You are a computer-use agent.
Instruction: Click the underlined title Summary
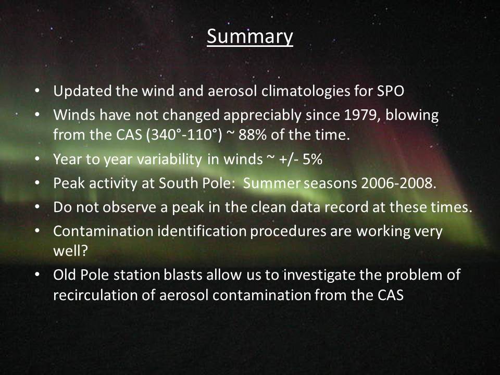point(249,37)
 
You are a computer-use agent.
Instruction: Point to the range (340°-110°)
point(184,135)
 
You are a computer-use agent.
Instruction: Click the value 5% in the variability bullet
point(312,159)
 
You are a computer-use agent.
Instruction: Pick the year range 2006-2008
point(398,183)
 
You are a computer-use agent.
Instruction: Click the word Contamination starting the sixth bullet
point(103,231)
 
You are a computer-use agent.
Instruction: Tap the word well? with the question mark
point(70,251)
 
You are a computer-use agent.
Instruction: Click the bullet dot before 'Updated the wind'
point(37,91)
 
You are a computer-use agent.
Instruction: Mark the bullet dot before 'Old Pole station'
point(37,275)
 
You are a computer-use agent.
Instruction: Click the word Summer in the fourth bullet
point(272,183)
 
